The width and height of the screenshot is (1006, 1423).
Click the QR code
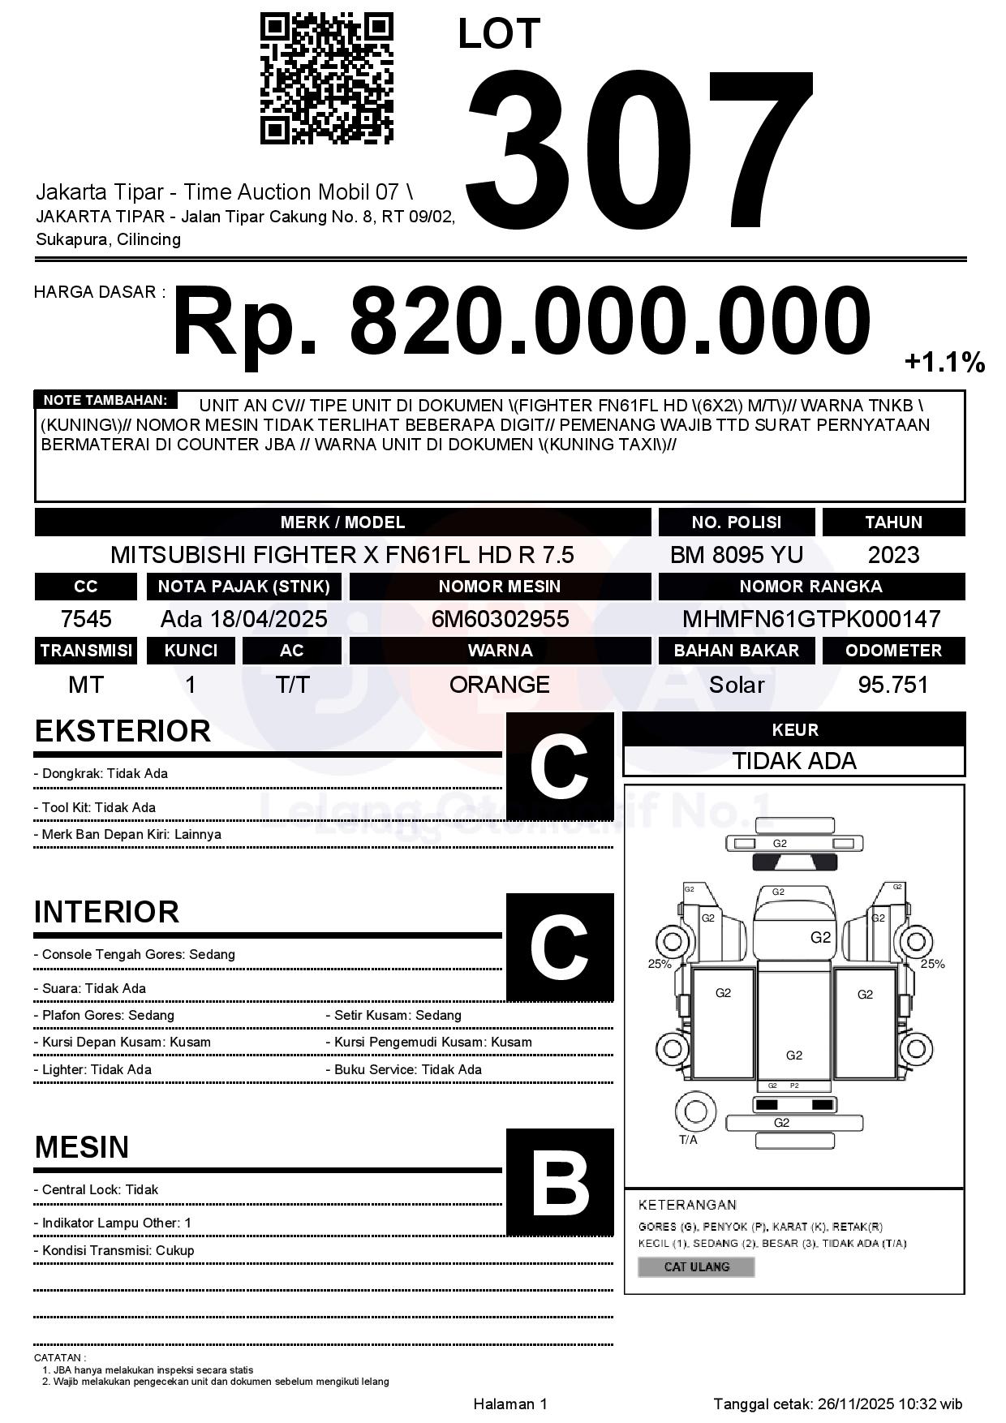click(x=326, y=79)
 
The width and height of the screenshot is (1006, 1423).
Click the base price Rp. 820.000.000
click(x=521, y=321)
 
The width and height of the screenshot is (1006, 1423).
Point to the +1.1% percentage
click(x=944, y=362)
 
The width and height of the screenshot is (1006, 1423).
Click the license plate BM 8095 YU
click(x=736, y=555)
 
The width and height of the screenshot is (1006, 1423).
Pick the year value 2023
click(x=893, y=555)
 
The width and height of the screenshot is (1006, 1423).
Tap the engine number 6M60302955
click(x=500, y=619)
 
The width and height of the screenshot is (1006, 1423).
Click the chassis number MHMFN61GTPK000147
click(x=811, y=619)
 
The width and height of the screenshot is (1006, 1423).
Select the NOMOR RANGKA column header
click(x=811, y=587)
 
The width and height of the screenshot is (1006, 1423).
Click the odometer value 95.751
click(x=893, y=685)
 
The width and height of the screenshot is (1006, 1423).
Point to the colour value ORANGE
click(x=500, y=685)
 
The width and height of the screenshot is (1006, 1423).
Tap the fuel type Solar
click(x=736, y=685)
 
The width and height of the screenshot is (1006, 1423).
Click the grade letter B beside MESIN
click(x=560, y=1183)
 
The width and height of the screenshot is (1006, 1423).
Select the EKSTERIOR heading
click(x=123, y=731)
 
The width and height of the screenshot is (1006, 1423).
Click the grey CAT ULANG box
click(x=696, y=1266)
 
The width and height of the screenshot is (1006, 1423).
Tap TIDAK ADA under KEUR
click(x=794, y=761)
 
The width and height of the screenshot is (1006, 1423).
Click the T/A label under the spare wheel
click(x=688, y=1140)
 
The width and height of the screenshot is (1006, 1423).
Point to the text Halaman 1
click(x=510, y=1404)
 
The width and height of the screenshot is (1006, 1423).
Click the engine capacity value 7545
click(x=86, y=619)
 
